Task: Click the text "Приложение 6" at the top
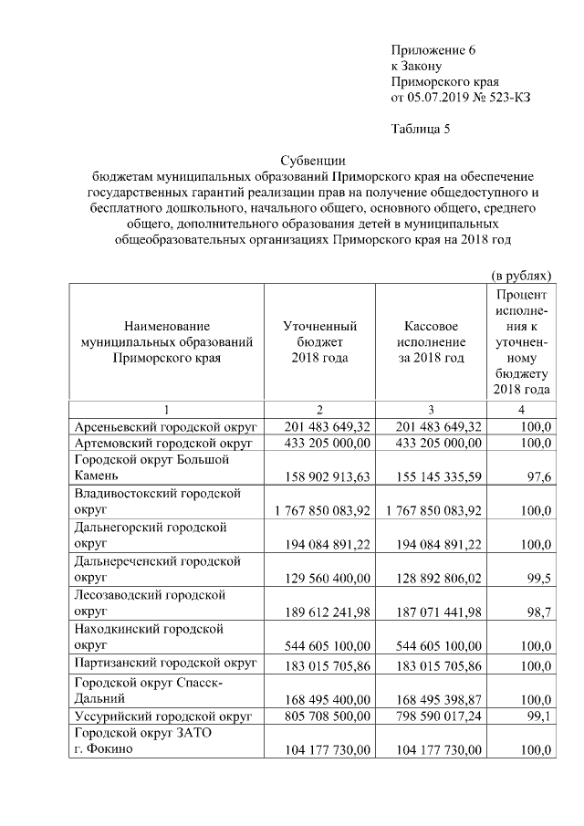click(433, 49)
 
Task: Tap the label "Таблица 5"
click(421, 128)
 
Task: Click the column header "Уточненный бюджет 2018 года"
click(319, 342)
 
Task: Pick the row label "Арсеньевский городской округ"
click(164, 426)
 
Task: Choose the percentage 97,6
click(537, 476)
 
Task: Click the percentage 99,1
click(539, 716)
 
